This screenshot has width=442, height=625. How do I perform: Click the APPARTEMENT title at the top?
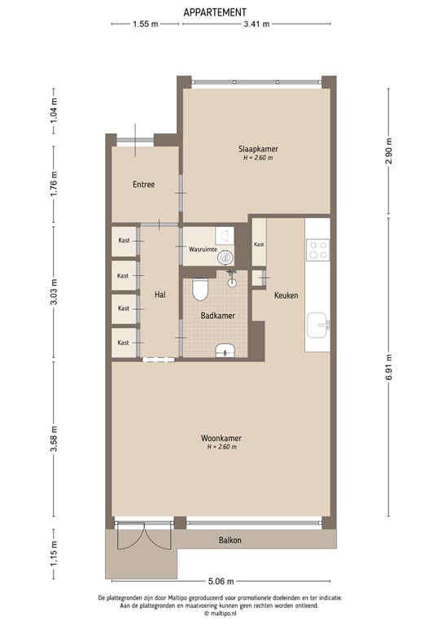tap(215, 11)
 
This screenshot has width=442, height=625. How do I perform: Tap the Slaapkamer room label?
tap(257, 149)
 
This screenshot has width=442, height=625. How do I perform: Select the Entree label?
tap(143, 185)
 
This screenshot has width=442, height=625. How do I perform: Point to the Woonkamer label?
tap(221, 439)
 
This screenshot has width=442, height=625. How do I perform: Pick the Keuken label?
tap(286, 295)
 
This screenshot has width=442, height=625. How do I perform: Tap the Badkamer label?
tap(219, 315)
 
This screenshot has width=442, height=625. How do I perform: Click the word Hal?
tap(160, 294)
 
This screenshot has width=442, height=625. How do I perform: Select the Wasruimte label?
tap(203, 251)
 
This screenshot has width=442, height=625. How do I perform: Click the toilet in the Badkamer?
tap(201, 288)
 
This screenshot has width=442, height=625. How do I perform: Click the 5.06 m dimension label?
tap(220, 581)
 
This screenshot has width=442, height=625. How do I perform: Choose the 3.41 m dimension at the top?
tap(256, 24)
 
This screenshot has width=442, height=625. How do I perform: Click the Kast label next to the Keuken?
tap(259, 245)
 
